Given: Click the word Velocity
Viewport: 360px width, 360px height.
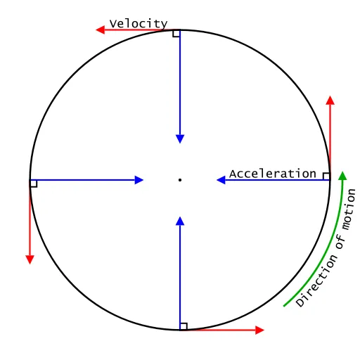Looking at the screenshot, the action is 139,24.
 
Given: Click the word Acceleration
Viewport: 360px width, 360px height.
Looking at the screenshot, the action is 273,174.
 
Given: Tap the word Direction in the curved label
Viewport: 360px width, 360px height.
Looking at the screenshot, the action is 317,281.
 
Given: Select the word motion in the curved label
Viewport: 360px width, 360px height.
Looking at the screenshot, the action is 349,209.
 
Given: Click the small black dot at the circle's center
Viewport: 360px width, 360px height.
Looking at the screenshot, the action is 180,180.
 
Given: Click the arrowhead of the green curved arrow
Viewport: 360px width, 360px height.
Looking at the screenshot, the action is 342,176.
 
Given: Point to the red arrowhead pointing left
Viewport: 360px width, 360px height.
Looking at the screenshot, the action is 101,30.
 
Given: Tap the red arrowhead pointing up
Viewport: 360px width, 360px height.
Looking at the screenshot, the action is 330,100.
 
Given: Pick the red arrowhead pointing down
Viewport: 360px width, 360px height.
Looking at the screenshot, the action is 30,260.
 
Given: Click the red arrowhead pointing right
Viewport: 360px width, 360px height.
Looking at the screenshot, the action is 259,330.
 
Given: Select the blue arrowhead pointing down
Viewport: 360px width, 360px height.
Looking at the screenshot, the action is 180,139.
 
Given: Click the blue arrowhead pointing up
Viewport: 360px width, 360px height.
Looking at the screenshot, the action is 180,221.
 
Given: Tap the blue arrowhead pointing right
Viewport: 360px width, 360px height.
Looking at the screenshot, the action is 139,180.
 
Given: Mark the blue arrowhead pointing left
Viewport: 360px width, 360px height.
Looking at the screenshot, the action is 221,180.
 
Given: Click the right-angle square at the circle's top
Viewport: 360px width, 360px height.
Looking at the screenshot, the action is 176,34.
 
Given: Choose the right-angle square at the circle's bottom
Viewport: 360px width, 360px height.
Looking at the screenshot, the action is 184,326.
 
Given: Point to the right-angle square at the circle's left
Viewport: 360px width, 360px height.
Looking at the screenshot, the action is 34,184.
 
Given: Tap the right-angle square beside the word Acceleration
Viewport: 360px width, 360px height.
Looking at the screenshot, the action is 326,176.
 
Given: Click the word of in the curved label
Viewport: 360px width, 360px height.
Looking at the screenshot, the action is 340,241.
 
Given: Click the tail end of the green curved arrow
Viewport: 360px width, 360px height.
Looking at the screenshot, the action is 284,306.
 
